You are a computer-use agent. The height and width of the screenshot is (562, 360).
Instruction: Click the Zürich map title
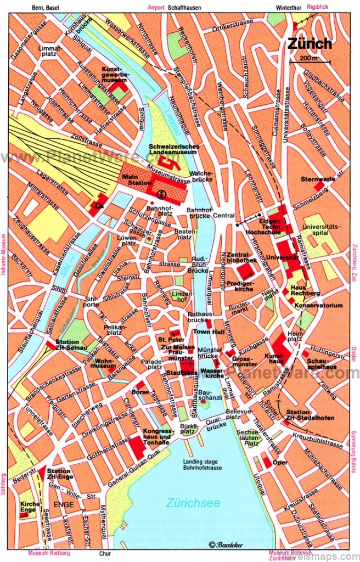310,44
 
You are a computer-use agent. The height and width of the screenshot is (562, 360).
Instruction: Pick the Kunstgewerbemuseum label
116,74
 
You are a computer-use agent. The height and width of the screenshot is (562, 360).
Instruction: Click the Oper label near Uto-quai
280,462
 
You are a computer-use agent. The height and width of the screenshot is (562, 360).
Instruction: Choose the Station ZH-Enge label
59,474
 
